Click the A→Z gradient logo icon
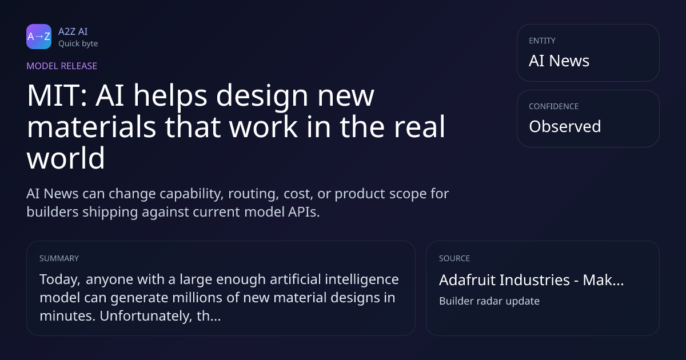(39, 37)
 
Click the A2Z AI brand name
(73, 31)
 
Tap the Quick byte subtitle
(78, 44)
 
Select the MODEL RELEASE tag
(62, 66)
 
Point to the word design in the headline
(262, 95)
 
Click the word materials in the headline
(91, 126)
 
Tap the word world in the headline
(66, 158)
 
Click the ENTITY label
(542, 41)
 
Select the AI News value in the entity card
(559, 61)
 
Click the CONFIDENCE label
(554, 106)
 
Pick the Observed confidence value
(565, 126)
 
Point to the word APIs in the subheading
(304, 212)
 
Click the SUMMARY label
(59, 258)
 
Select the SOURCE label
(454, 258)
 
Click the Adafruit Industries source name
(504, 280)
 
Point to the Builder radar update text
(489, 301)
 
